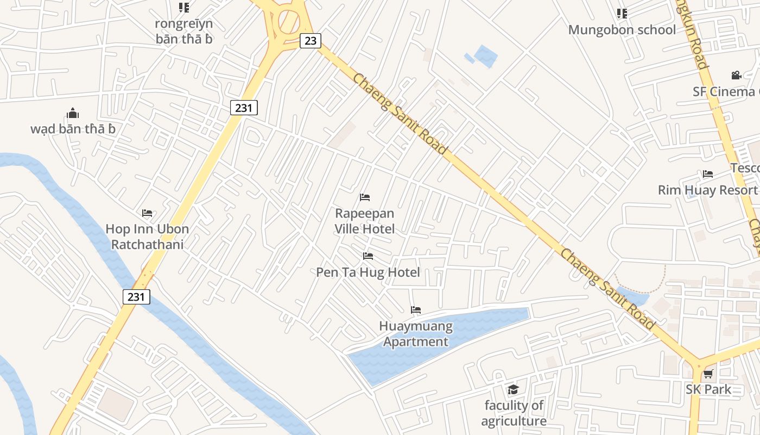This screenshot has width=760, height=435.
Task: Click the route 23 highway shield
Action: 311,40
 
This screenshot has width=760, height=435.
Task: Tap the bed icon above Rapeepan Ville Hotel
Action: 365,197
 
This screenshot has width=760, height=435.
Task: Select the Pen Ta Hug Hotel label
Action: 368,272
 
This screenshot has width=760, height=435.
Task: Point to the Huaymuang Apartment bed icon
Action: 416,310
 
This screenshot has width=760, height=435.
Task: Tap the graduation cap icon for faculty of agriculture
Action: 513,389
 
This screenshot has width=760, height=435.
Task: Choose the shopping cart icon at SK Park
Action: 708,374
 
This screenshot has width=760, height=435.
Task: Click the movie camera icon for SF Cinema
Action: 736,75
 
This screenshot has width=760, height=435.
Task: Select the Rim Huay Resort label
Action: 707,190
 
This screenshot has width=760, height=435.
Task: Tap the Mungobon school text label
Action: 622,29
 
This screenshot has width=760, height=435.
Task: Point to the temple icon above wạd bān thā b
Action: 73,113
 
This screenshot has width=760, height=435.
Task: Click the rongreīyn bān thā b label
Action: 183,31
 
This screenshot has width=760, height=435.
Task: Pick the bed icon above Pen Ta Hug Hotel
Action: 368,256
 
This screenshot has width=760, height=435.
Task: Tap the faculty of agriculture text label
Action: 514,413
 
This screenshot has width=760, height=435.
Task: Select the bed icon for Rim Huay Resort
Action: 708,174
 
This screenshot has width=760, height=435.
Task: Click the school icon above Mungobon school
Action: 622,13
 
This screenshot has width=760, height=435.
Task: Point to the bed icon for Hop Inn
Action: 147,213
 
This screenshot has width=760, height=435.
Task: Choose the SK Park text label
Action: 708,389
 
